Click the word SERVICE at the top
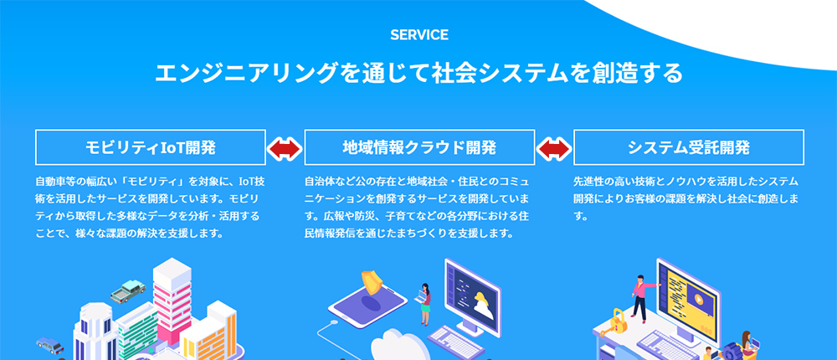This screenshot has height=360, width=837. point(419,35)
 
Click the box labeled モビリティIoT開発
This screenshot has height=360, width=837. point(151,147)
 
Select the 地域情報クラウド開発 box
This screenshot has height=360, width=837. point(419,147)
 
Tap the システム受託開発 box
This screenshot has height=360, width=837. point(689,147)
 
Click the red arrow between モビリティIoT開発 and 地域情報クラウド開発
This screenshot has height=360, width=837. point(285,148)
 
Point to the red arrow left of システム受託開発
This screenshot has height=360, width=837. point(554,148)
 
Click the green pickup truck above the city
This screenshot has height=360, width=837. point(128,290)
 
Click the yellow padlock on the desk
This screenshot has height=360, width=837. point(619,321)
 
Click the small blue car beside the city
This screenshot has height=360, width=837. point(49,345)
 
